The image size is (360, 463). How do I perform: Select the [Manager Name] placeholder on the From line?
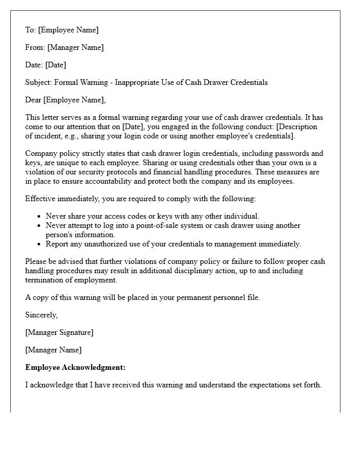[x=75, y=47]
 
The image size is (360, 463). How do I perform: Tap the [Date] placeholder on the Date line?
[x=56, y=65]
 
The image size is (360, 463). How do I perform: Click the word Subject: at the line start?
[x=39, y=82]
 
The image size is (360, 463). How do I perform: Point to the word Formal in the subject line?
[x=66, y=82]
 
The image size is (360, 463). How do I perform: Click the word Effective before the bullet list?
[x=41, y=199]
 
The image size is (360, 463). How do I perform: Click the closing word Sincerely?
[x=42, y=315]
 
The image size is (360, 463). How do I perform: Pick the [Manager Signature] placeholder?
[x=59, y=332]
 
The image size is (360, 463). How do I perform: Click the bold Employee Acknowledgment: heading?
[x=75, y=367]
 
